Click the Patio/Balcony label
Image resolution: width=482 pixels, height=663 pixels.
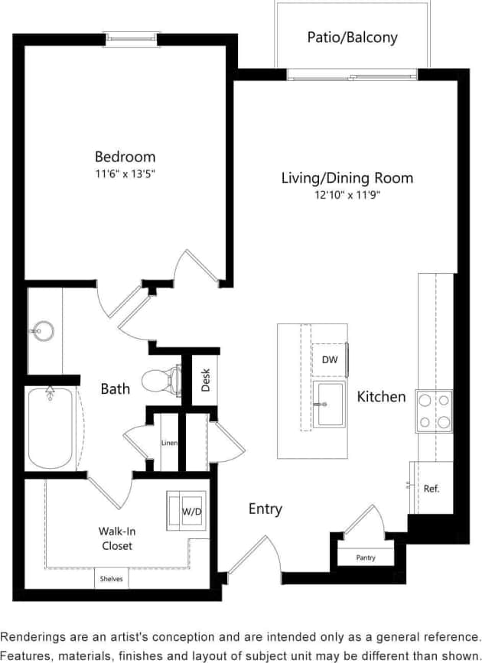coord(352,37)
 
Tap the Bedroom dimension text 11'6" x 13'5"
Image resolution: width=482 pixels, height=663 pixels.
coord(125,174)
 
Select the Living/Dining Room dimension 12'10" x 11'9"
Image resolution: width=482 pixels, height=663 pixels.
coord(347,195)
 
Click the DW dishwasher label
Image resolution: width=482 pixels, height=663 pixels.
coord(329,359)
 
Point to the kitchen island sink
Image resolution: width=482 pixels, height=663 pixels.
coord(331,404)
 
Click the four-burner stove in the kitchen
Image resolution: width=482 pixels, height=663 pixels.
coord(433,411)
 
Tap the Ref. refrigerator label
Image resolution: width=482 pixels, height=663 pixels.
coord(431,488)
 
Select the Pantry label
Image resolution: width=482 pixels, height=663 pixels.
coord(366,557)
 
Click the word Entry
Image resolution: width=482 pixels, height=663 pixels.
coord(265,509)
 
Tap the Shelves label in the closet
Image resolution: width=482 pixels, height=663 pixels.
coord(112,579)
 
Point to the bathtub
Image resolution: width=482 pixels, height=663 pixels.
coord(51,428)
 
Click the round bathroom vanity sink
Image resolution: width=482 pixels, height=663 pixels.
coord(43,332)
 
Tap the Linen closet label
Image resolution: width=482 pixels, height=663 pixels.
coord(169,443)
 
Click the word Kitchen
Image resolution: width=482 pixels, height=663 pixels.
coord(381,397)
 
